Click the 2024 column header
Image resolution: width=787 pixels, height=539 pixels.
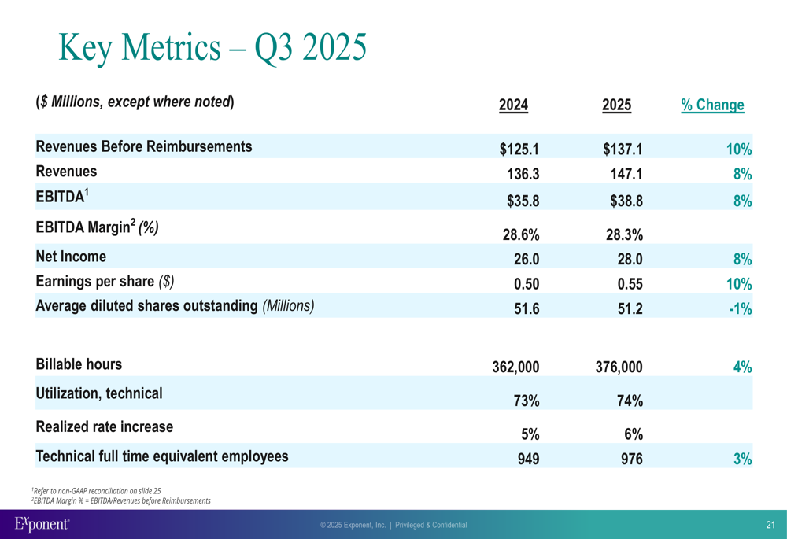pyautogui.click(x=513, y=105)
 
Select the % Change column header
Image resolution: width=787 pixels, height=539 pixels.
pyautogui.click(x=712, y=105)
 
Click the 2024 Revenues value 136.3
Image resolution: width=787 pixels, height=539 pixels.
pyautogui.click(x=523, y=175)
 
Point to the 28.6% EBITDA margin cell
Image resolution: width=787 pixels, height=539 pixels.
pyautogui.click(x=520, y=234)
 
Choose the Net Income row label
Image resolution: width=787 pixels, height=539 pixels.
pyautogui.click(x=71, y=256)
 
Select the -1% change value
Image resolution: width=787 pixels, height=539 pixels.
pyautogui.click(x=740, y=309)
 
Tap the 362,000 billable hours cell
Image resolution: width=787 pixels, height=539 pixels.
pyautogui.click(x=515, y=367)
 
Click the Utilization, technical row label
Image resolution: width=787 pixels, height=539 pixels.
pyautogui.click(x=99, y=393)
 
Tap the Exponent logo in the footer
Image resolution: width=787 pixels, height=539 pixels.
pyautogui.click(x=42, y=523)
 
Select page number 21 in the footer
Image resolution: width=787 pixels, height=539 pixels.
pyautogui.click(x=770, y=525)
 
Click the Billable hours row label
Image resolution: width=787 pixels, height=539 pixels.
pyautogui.click(x=79, y=364)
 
